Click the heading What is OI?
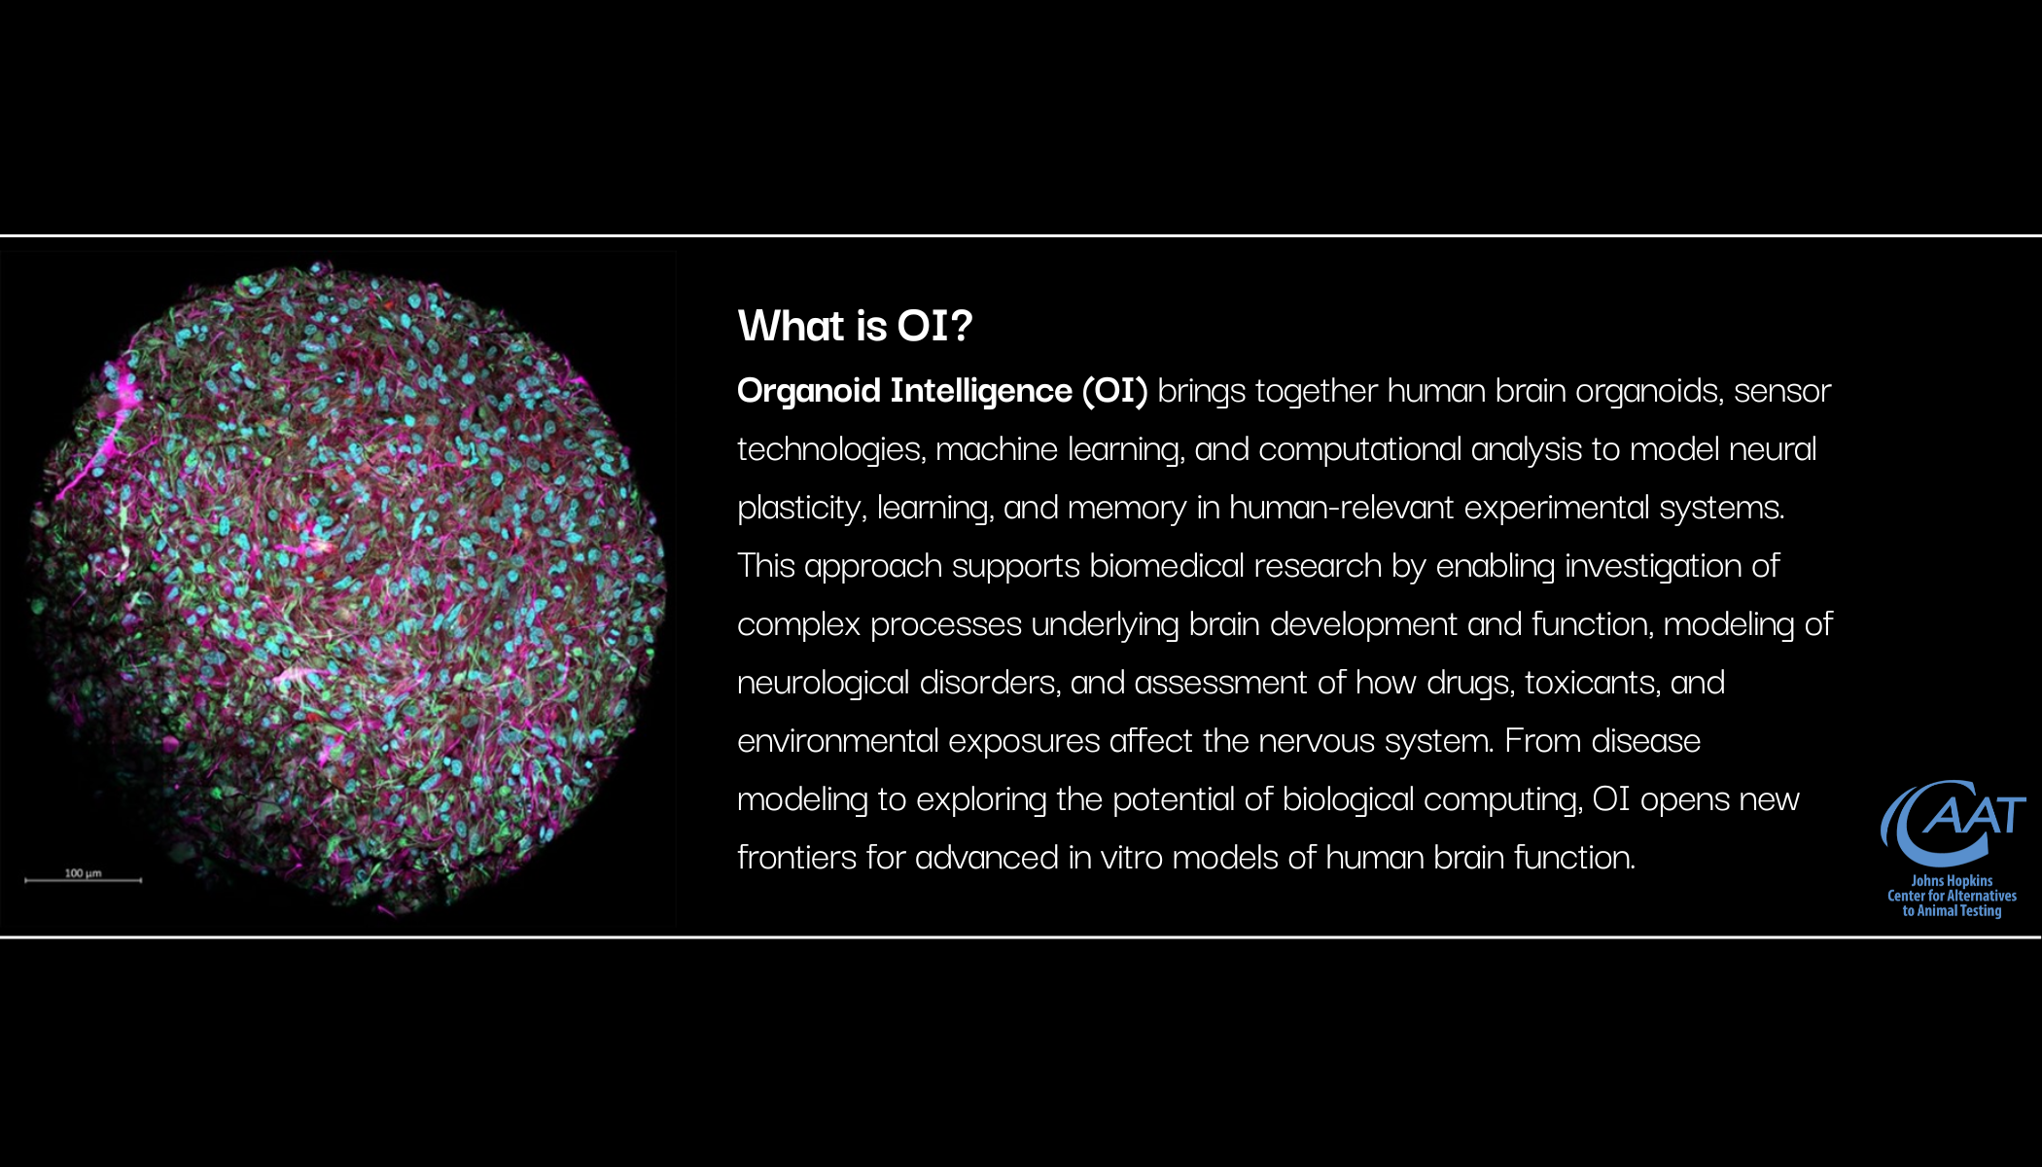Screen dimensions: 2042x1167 tap(855, 326)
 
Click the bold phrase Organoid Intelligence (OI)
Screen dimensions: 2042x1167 tap(942, 391)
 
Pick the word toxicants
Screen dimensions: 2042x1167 tap(1592, 683)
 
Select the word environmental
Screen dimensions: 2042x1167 tap(837, 741)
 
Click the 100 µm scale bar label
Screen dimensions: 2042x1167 tap(83, 873)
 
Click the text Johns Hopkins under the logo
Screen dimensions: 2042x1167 tap(1952, 881)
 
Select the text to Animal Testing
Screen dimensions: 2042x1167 tap(1952, 911)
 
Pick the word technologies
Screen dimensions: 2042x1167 tap(829, 450)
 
